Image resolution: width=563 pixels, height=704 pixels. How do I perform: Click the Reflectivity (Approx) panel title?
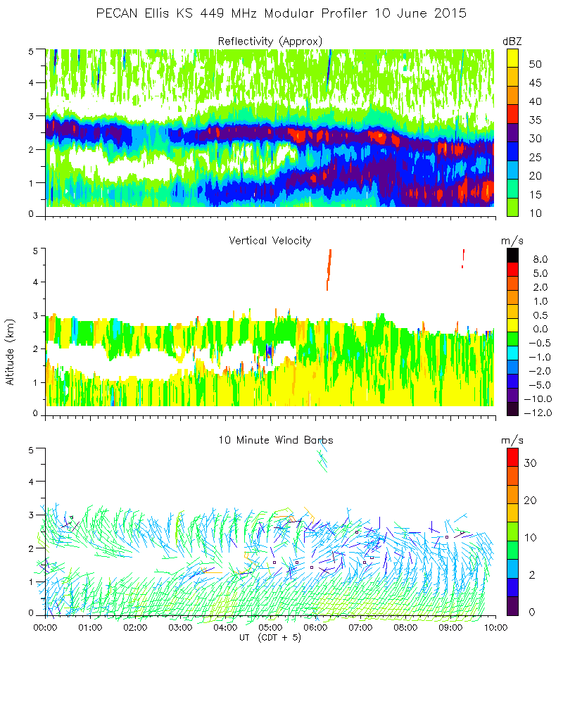point(270,42)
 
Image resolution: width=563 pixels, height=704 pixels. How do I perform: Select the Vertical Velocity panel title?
point(270,241)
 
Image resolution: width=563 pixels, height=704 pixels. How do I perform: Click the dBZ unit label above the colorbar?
point(513,42)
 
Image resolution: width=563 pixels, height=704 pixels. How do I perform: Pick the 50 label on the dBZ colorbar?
point(535,64)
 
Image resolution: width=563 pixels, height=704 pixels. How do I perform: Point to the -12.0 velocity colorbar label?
point(536,412)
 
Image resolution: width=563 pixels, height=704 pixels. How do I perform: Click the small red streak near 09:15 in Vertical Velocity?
point(463,258)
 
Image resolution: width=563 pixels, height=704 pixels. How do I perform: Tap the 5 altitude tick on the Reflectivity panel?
point(31,51)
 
